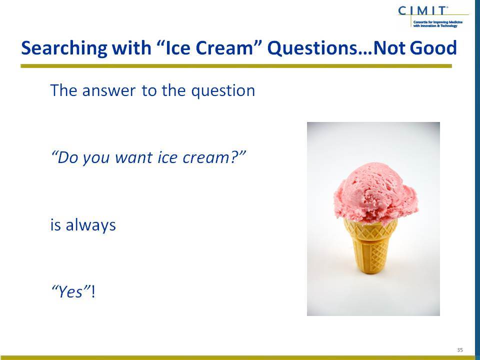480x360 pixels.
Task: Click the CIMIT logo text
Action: coord(422,10)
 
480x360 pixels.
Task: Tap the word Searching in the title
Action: coord(64,48)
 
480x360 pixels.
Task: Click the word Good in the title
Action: coord(433,48)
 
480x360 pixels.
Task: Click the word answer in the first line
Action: coord(108,90)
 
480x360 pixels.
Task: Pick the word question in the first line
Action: coord(223,91)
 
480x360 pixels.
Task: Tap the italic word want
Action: coord(133,157)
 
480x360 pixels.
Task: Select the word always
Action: coord(90,225)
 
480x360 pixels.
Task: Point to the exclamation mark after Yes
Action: coord(93,291)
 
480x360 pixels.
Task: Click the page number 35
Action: coord(460,350)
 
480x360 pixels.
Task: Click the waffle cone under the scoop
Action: coord(370,245)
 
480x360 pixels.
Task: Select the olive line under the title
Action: coord(236,66)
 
